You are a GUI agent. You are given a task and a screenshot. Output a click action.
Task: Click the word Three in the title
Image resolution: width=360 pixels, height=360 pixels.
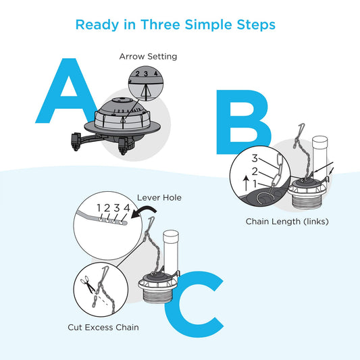[160, 24]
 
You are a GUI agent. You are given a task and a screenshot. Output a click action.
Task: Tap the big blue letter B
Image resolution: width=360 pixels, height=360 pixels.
[242, 122]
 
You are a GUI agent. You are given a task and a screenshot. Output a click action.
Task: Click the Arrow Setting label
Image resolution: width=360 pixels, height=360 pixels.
[148, 57]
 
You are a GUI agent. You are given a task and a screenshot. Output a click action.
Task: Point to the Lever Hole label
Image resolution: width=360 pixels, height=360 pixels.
[159, 198]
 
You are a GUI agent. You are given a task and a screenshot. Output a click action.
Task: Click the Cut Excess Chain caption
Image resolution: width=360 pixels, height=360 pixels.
[103, 328]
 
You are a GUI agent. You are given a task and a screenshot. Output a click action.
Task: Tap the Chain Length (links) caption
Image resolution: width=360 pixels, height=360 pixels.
[287, 222]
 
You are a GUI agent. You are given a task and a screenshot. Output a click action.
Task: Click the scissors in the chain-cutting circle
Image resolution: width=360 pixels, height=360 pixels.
[88, 284]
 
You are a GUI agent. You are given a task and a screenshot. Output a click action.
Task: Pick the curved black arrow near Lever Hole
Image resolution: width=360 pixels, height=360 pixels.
[144, 210]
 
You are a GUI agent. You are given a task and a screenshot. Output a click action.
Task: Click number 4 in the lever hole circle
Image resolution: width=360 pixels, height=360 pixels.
[127, 208]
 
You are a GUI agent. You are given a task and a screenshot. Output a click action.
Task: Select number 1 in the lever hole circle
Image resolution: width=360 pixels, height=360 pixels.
[99, 208]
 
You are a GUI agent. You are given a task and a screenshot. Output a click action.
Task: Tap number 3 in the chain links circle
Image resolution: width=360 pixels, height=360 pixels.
[255, 159]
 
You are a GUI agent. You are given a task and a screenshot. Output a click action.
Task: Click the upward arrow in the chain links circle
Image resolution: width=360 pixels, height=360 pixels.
[246, 183]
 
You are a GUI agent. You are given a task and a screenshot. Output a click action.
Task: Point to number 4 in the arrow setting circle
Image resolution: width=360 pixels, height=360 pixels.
[156, 73]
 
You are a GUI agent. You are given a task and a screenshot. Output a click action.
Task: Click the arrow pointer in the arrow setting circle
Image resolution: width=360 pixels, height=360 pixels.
[146, 91]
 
